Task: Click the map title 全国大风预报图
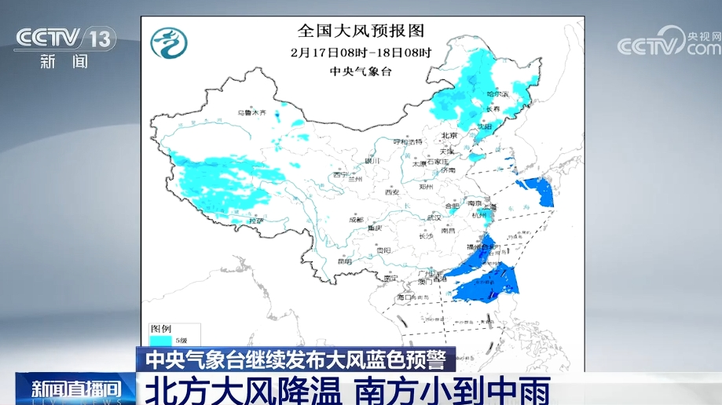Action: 361,31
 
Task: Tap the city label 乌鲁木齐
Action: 254,113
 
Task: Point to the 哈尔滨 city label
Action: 497,94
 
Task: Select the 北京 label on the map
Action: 449,134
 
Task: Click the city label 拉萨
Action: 255,222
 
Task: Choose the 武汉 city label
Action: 434,217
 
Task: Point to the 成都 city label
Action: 356,220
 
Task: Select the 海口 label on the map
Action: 405,298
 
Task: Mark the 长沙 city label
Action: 426,236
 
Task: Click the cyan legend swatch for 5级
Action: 161,339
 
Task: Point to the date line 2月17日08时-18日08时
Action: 361,53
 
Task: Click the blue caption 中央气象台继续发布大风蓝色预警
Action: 295,359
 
